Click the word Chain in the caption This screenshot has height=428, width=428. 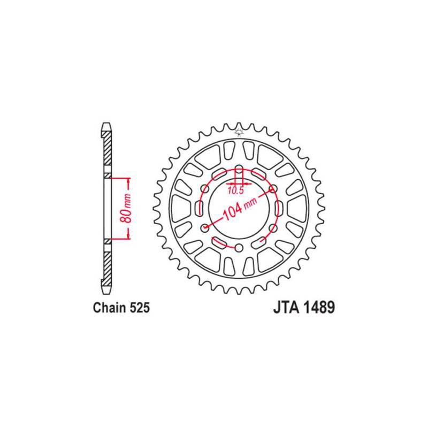coord(109,308)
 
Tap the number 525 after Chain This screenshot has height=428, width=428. coord(140,308)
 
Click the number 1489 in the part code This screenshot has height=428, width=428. coord(319,308)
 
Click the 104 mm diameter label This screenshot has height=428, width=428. coord(240,208)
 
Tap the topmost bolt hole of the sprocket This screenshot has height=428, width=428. coord(239,168)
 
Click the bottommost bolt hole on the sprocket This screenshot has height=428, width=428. coord(239,248)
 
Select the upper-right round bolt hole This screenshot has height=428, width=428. coord(273,188)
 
